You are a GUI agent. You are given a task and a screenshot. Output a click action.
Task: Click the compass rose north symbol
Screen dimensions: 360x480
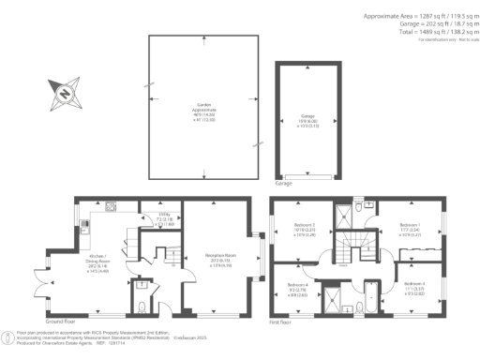point(60,93)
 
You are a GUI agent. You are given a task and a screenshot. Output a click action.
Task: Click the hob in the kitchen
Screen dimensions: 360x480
point(110,207)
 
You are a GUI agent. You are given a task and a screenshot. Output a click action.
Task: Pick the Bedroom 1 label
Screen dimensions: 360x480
point(410,229)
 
